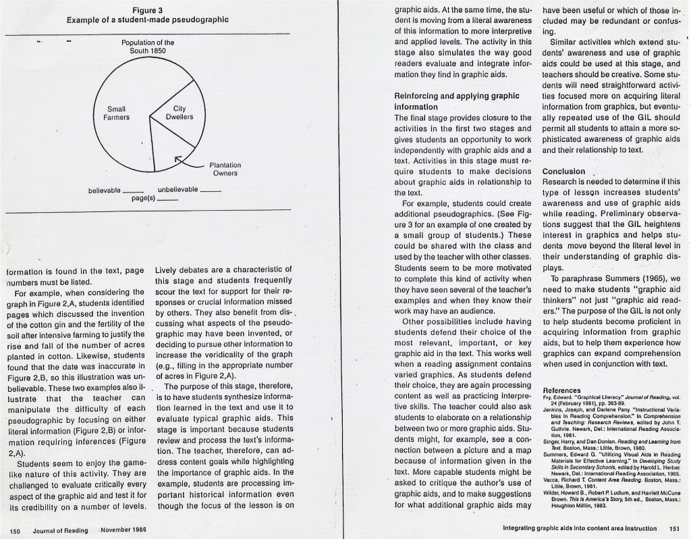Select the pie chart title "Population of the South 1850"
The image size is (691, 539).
point(148,47)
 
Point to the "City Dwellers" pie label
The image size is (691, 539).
point(179,113)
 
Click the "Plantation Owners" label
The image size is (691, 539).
point(225,169)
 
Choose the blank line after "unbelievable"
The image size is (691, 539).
point(211,190)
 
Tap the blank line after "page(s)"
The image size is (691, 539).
point(167,200)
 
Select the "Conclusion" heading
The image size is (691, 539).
point(563,172)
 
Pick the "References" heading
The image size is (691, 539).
point(561,390)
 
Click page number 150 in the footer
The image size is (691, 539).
point(18,530)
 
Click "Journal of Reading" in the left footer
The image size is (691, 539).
point(60,530)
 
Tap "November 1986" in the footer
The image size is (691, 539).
point(123,530)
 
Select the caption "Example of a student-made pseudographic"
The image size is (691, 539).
point(147,20)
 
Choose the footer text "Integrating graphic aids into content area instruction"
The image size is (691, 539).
point(580,528)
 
